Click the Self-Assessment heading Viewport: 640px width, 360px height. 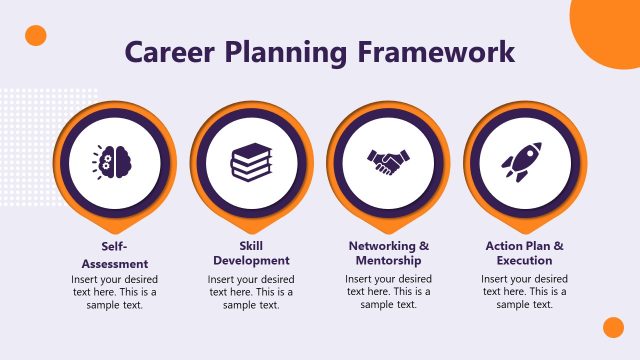click(x=114, y=254)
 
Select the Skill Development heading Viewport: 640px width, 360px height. click(x=251, y=253)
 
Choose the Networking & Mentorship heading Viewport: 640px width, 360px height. click(x=388, y=253)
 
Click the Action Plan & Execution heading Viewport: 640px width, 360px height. click(x=524, y=253)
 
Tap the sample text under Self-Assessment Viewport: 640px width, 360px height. click(x=114, y=291)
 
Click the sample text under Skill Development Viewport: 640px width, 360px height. click(x=251, y=291)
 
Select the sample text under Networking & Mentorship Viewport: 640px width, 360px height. click(x=388, y=291)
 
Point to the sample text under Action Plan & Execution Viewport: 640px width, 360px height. click(x=524, y=291)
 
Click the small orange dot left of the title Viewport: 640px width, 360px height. click(x=36, y=36)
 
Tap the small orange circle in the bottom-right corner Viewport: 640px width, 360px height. click(x=613, y=327)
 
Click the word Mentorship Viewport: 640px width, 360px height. click(x=388, y=261)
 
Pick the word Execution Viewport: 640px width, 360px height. click(x=524, y=261)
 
